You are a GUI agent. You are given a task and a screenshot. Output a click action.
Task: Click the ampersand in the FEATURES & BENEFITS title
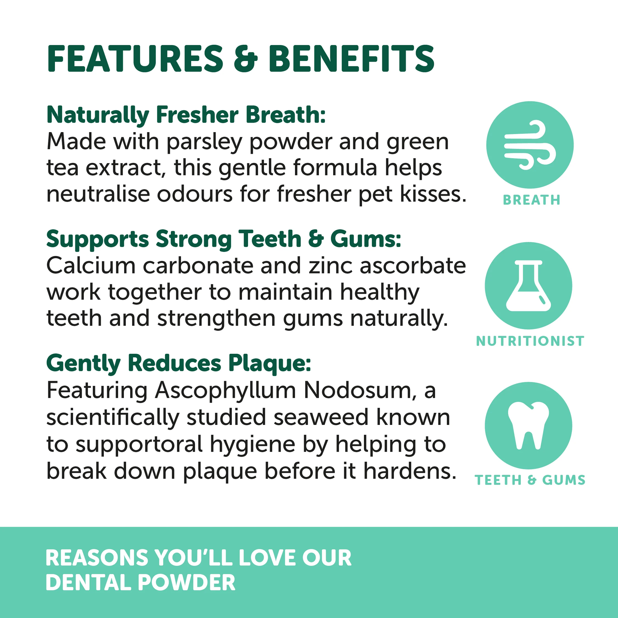tap(245, 59)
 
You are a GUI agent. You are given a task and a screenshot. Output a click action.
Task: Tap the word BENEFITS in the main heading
tap(351, 59)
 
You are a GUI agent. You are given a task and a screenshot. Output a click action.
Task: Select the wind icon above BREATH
tap(529, 145)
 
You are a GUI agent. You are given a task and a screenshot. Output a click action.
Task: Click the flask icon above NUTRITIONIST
tap(528, 285)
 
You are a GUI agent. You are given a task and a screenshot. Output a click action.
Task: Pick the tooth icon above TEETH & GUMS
tap(528, 426)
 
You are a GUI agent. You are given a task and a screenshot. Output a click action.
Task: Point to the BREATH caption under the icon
tap(531, 200)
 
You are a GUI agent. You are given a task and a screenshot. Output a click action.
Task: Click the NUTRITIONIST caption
tap(530, 341)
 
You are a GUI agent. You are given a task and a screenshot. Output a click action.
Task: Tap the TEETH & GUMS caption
tap(530, 480)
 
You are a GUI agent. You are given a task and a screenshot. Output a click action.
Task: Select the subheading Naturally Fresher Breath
tap(186, 115)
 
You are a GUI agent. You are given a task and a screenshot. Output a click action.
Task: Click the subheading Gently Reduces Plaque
tap(178, 363)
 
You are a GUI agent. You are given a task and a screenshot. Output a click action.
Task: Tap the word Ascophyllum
tap(225, 391)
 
